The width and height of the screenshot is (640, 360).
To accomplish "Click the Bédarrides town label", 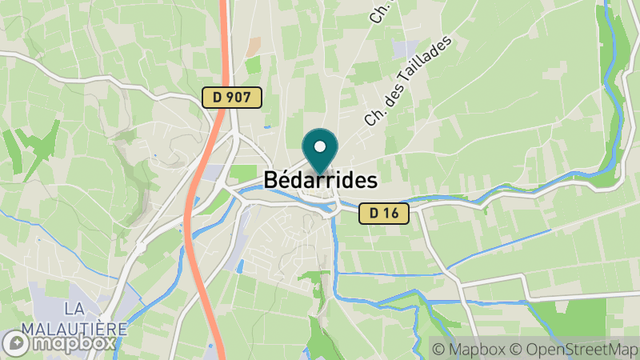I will (320, 180).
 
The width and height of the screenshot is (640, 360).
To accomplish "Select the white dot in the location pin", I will (320, 147).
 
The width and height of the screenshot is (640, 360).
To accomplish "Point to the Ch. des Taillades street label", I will (408, 80).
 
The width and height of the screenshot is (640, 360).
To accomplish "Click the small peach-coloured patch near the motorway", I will (253, 46).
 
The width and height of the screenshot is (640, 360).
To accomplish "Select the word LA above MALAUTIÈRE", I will (74, 309).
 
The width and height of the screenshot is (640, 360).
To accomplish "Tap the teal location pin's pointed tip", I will (320, 174).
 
